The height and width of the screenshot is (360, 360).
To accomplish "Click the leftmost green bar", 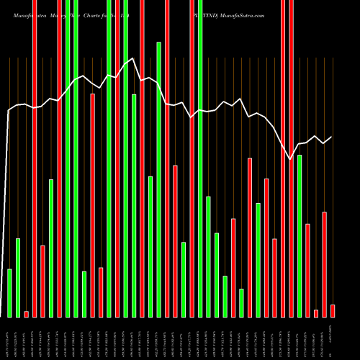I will point(9,293).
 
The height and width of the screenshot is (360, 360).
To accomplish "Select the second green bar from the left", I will point(18,277).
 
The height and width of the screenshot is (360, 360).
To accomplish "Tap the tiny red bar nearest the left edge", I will point(26,314).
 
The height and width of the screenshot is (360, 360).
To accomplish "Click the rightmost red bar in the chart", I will point(333,310).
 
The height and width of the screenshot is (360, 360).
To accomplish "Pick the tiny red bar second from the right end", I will point(316,313).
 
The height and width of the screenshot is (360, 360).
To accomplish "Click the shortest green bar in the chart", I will point(241,302).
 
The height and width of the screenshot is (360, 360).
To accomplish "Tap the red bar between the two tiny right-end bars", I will point(325,264).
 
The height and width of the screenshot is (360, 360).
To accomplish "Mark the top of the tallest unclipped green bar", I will point(158,43).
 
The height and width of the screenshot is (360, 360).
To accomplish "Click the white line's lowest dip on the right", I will point(291,158).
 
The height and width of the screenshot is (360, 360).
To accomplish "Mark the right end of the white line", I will point(332,137).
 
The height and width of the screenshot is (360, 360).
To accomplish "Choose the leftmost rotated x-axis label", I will point(9,338).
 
